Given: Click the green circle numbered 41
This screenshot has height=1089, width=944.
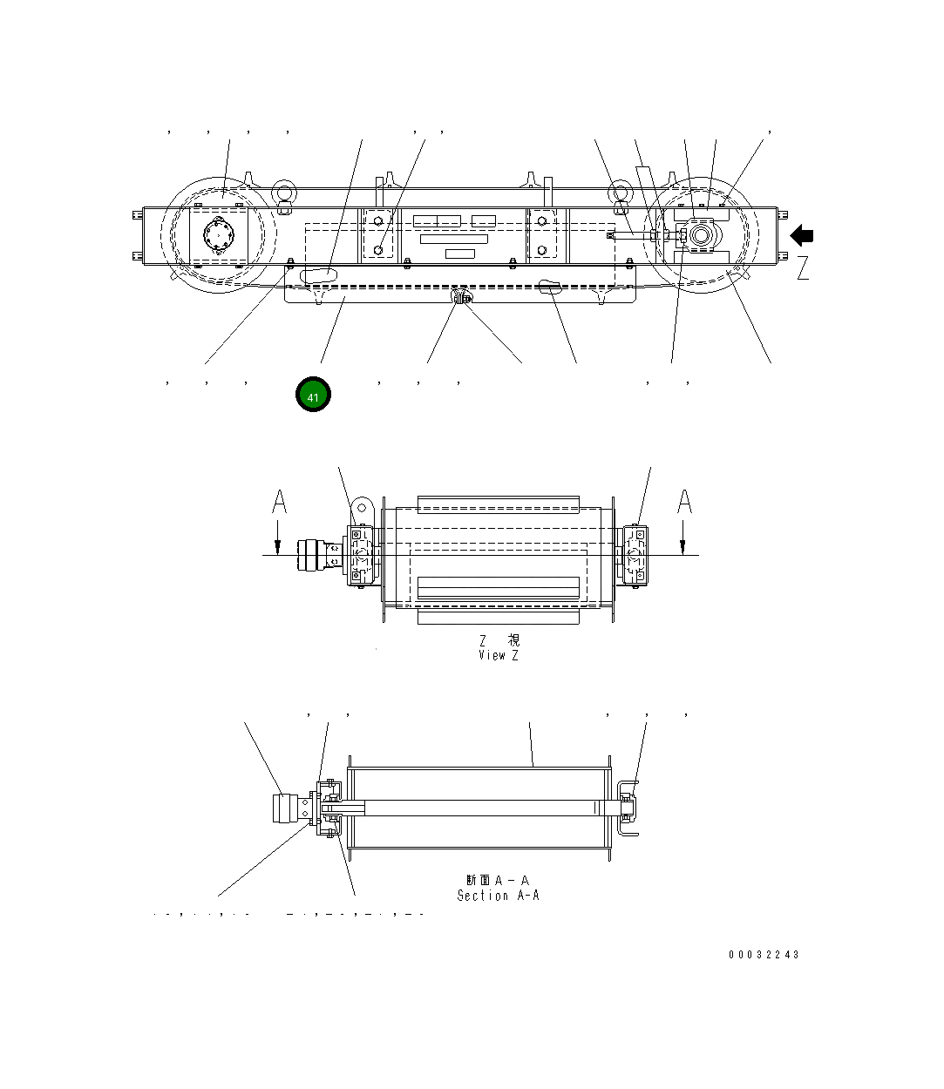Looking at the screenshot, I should tap(313, 395).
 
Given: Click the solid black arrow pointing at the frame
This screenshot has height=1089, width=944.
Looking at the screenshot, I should tap(802, 235).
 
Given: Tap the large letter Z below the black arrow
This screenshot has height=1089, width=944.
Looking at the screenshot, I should tap(803, 267).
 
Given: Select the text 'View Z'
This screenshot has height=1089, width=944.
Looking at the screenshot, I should tap(498, 655).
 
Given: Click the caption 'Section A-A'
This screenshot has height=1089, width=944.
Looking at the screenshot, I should tap(498, 896).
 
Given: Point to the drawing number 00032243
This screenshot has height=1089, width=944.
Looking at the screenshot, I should tap(764, 955).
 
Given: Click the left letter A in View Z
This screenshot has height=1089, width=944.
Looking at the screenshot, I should tap(279, 502).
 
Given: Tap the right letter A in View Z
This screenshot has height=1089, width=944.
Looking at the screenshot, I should tap(685, 502).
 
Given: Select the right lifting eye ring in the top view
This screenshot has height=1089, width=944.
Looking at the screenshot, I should tap(619, 193).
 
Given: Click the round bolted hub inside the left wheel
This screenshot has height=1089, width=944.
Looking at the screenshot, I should tap(218, 234).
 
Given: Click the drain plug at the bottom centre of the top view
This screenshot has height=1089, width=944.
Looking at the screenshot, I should tap(462, 298).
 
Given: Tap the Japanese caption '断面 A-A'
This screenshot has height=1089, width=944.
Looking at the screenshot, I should tap(498, 881).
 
